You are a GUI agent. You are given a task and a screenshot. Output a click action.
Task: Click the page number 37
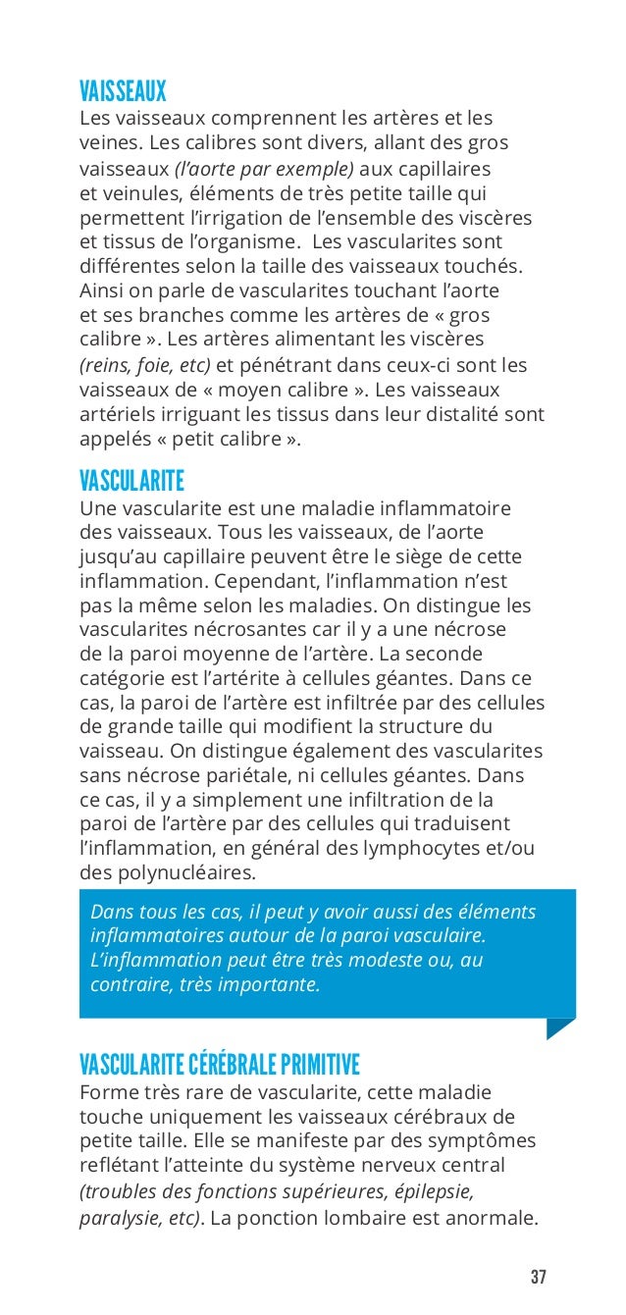point(538,1278)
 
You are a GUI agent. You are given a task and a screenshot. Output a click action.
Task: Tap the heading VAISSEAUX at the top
point(123,93)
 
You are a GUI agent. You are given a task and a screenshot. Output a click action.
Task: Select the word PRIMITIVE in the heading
point(320,1065)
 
